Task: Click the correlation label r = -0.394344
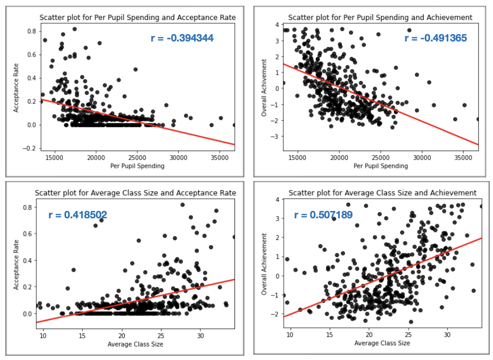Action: coord(182,38)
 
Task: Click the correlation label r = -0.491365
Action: coord(435,38)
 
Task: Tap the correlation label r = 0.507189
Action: coord(323,215)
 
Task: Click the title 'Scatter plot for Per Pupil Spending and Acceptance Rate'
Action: coord(137,18)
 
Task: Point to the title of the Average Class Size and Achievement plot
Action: coord(382,193)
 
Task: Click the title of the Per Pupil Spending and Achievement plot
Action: coord(380,18)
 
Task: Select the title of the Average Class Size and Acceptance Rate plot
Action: coord(135,193)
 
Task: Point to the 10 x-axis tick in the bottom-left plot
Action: coord(44,335)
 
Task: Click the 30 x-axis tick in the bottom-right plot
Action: coord(447,335)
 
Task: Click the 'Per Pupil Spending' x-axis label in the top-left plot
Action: coord(137,166)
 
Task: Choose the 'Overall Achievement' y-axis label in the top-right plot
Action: coord(264,87)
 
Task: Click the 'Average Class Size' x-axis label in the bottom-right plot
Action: coord(382,343)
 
